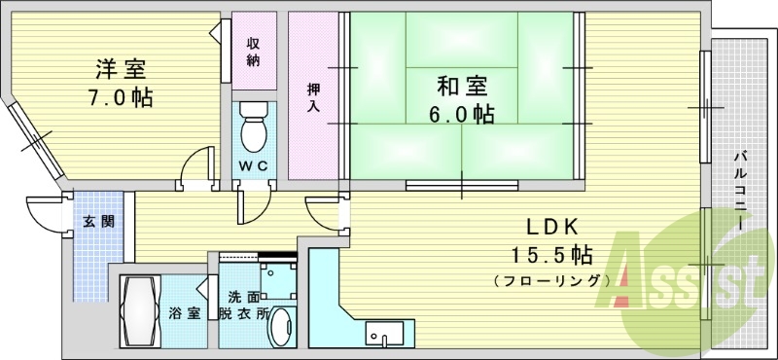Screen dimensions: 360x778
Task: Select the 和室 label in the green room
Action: tap(462, 86)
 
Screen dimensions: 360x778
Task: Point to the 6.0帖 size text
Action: tap(462, 115)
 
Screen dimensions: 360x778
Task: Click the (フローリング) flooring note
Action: tap(551, 280)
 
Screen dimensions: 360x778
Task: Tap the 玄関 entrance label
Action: tap(97, 222)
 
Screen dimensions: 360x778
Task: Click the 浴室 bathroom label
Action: tap(184, 313)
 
